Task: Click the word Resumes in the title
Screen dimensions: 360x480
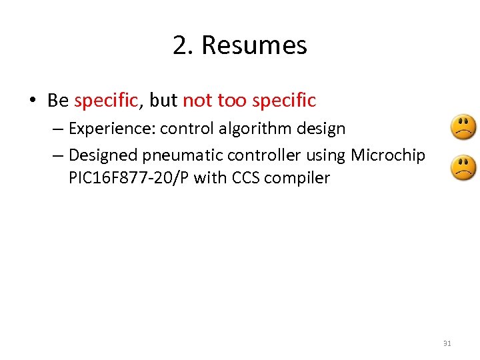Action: [254, 45]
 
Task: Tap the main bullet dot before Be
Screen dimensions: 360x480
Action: [31, 101]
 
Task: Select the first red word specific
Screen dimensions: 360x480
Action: [107, 101]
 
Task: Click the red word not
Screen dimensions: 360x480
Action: [197, 101]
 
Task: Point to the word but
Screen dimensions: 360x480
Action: [163, 101]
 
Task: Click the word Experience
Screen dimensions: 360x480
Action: [110, 128]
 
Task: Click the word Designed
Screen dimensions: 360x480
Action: [102, 155]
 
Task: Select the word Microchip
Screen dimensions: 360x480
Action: [388, 155]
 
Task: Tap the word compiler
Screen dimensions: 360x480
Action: [299, 179]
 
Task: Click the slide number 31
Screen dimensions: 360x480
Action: [447, 343]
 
